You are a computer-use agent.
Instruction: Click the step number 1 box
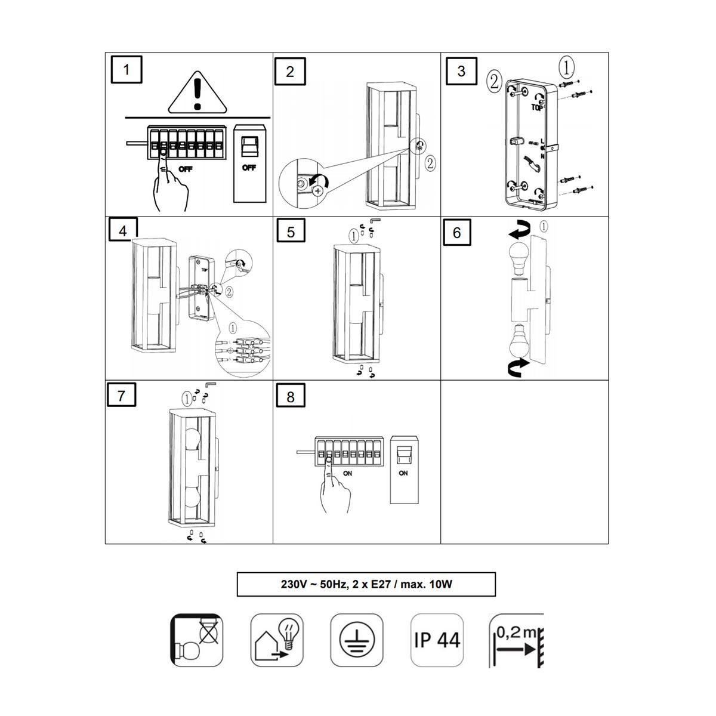pos(126,69)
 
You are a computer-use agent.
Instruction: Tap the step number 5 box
pos(291,232)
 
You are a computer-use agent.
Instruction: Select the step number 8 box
pos(291,397)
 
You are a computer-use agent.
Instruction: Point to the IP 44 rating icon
pos(437,640)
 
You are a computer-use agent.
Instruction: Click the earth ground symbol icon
pos(357,640)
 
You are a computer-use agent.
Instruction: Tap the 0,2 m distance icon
pos(517,640)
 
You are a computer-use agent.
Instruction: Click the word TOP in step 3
pos(537,108)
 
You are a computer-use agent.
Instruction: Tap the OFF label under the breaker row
pos(186,169)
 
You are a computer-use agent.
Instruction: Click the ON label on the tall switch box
pos(403,473)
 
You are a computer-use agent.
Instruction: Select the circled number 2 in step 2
pos(430,163)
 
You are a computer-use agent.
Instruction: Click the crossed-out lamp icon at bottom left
pos(196,640)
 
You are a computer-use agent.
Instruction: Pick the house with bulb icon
pos(277,640)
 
